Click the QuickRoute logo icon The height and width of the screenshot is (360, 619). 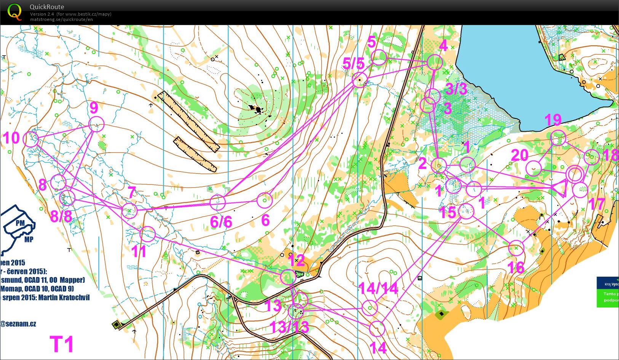click(14, 11)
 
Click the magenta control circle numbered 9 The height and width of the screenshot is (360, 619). click(96, 124)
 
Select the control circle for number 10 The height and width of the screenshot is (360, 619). click(31, 139)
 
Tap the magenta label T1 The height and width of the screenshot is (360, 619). click(62, 344)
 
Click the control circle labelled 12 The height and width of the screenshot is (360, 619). click(288, 277)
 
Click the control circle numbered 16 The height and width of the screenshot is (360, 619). click(516, 248)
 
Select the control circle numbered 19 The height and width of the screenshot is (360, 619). click(558, 138)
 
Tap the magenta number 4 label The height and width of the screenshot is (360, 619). click(443, 45)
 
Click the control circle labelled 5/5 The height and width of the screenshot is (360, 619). click(360, 80)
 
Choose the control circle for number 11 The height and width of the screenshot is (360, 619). click(148, 234)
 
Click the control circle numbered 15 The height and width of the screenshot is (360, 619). click(466, 211)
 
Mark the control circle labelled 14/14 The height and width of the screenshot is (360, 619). click(370, 307)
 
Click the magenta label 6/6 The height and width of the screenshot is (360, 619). click(221, 221)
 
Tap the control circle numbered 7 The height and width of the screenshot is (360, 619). click(129, 211)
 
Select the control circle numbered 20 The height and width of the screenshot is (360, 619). click(534, 168)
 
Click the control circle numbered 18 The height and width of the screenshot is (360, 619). click(591, 157)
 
